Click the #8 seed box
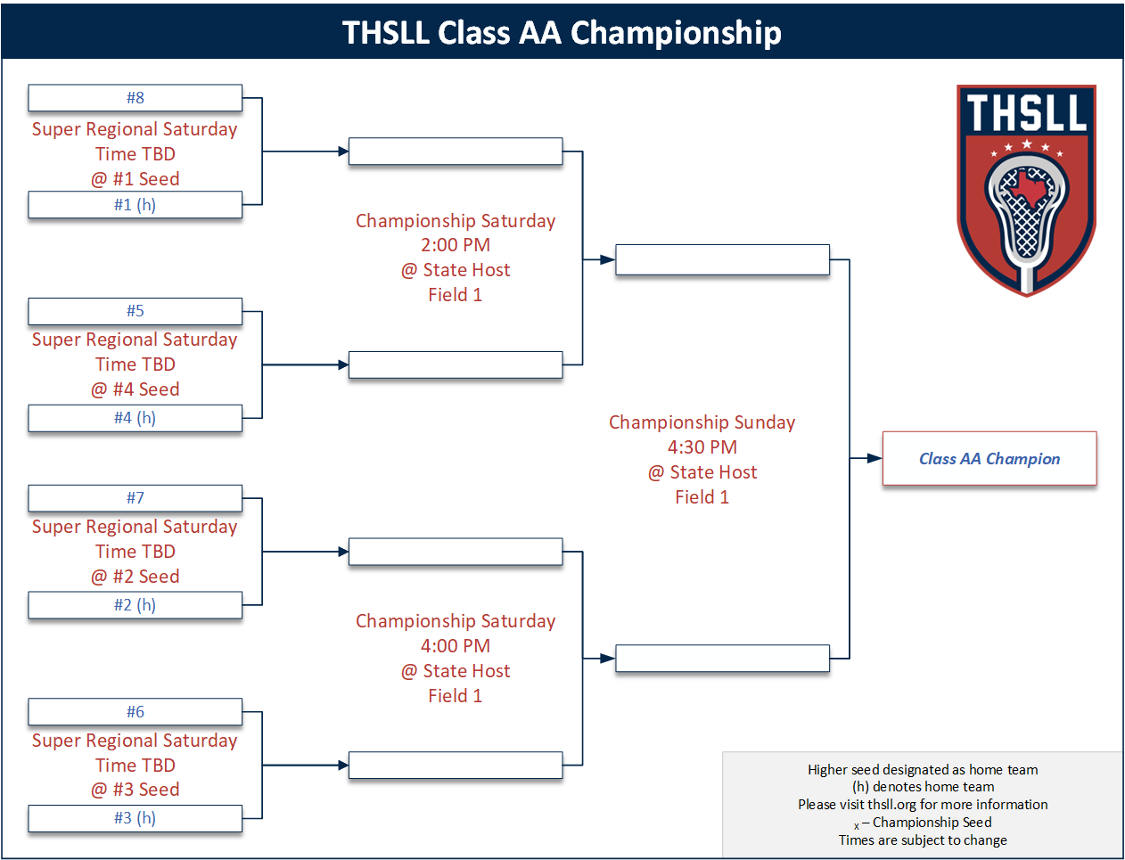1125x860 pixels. (135, 98)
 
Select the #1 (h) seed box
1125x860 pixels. (135, 205)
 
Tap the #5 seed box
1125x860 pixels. (135, 311)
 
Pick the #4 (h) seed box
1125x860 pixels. (135, 418)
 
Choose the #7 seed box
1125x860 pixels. (135, 498)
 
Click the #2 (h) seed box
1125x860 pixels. (135, 605)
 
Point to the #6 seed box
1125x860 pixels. (135, 712)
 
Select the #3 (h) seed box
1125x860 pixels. (135, 818)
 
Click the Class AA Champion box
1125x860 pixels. (990, 459)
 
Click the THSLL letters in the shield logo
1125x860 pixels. (1026, 113)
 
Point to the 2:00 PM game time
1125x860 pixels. (456, 245)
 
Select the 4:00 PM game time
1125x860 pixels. (456, 646)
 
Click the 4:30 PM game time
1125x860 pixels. (702, 447)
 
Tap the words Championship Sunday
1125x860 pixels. (702, 422)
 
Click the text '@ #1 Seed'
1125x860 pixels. (135, 179)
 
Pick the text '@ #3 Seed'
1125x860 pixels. (135, 790)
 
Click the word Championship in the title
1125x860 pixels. (676, 33)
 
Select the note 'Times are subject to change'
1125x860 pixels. (923, 840)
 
